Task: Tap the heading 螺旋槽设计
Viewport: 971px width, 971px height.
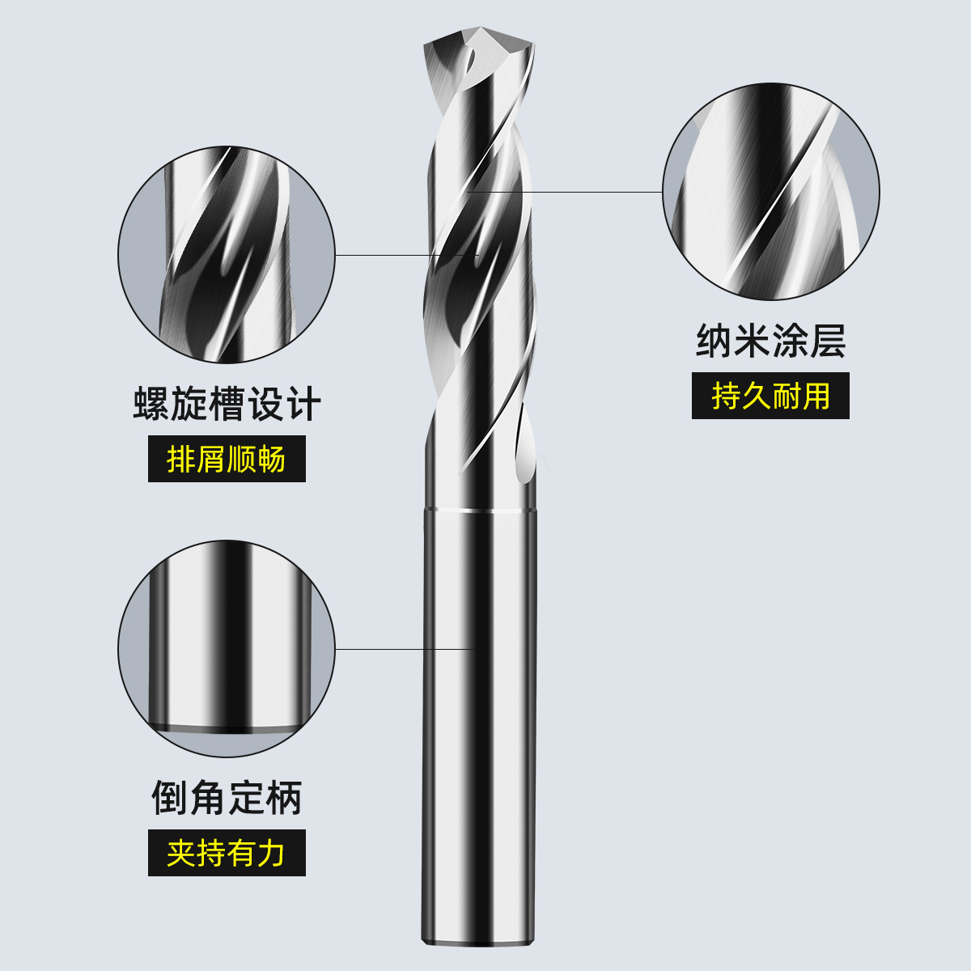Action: click(227, 404)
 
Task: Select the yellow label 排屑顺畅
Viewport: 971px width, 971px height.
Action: click(227, 460)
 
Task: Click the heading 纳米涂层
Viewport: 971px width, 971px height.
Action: click(770, 341)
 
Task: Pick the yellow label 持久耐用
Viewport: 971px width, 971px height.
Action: click(770, 396)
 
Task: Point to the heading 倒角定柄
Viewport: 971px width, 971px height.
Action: click(227, 799)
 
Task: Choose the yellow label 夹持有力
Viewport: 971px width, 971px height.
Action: click(227, 853)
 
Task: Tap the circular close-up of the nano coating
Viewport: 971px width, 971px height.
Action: click(770, 193)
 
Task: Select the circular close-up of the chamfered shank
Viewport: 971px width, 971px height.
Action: click(227, 649)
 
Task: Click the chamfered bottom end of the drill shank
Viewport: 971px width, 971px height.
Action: click(479, 940)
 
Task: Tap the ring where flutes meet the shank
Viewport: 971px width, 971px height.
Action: click(479, 510)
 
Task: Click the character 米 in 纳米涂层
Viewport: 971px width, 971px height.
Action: click(752, 341)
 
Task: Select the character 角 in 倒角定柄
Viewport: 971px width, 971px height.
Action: click(208, 799)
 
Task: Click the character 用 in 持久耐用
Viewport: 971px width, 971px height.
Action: click(816, 396)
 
